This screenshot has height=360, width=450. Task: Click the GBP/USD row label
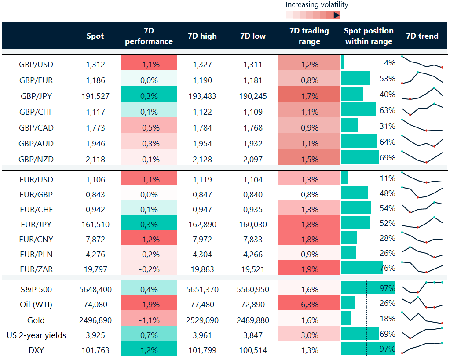coord(36,64)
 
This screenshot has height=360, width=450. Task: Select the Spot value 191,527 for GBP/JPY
coord(95,96)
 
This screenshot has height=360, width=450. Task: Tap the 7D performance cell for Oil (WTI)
coord(148,304)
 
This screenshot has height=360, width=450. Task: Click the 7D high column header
coord(202,36)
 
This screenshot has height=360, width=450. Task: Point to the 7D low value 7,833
coord(253,240)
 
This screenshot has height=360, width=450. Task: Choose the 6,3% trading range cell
coord(309,304)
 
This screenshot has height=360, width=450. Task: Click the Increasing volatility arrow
coord(310,15)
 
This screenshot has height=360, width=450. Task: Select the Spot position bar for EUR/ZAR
coord(362,267)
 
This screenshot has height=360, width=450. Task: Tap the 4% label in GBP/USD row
coord(389,63)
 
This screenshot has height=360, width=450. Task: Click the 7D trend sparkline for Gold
coord(422,317)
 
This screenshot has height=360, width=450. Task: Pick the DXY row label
coord(36,350)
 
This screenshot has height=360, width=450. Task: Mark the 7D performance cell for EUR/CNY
coord(148,240)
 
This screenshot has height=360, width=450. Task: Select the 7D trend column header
coord(422,36)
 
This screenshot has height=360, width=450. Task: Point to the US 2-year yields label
coord(36,335)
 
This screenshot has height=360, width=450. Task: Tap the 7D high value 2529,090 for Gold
coord(202,320)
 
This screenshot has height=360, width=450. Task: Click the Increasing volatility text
coord(316,5)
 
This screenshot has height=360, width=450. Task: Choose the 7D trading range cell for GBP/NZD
coord(309,159)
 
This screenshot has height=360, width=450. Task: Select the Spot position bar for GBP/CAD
coord(350,126)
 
